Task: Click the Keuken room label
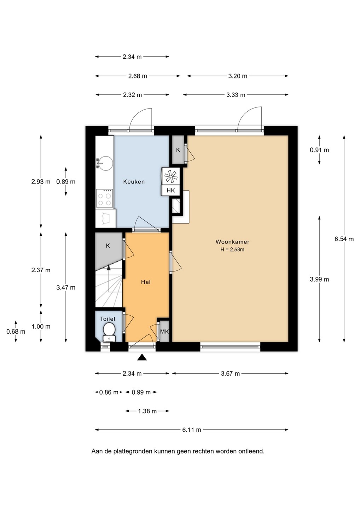pos(134,182)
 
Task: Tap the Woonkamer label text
pos(232,242)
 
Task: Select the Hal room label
pos(146,282)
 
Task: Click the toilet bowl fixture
pos(109,332)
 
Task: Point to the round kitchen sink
pos(105,163)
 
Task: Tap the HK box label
pos(171,191)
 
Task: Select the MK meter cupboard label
pos(164,332)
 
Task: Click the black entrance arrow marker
pos(142,357)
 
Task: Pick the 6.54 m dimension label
pos(344,239)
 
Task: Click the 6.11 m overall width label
pos(192,430)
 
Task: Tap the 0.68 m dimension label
pos(16,332)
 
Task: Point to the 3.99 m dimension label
pos(319,279)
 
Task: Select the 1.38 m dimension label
pos(147,411)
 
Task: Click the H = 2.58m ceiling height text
pos(232,250)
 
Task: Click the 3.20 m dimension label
pos(238,76)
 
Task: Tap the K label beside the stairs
pos(108,246)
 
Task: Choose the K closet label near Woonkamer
pos(178,150)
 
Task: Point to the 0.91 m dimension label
pos(319,150)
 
